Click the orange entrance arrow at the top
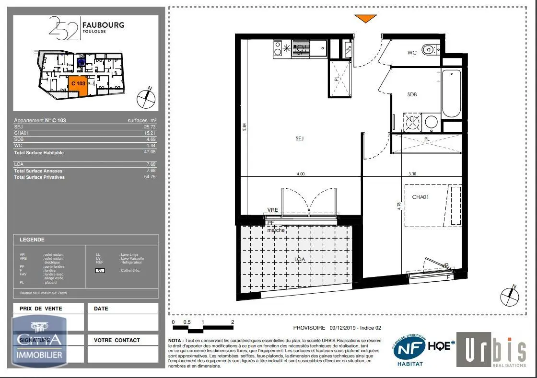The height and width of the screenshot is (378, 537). point(365,19)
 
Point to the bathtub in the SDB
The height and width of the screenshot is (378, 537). point(451,93)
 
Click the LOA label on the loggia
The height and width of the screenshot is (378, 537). point(300,259)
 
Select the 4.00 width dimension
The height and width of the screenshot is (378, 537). point(301,174)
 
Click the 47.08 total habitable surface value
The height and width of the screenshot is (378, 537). point(151,152)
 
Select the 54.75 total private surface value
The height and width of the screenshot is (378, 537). point(151,177)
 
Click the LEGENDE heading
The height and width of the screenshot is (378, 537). point(32,240)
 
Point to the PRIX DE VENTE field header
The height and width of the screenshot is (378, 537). point(41,309)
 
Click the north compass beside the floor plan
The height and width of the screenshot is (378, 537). point(509,296)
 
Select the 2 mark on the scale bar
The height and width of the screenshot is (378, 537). point(233,322)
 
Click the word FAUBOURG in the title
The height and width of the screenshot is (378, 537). point(103,25)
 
